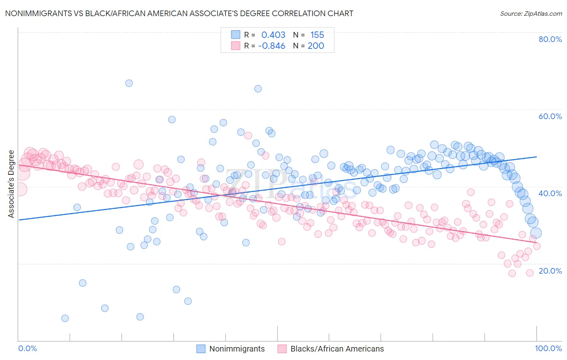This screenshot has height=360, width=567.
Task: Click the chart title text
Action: coord(179,13)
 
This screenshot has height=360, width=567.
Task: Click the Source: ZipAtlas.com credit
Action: coord(531,13)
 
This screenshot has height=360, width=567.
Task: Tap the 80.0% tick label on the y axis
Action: coord(550,39)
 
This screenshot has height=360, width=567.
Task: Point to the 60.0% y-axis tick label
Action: coord(550,116)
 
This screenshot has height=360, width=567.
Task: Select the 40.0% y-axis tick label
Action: coord(550,193)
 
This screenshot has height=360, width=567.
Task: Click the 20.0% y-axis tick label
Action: coord(550,271)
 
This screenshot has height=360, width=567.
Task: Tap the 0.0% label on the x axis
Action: coord(28,348)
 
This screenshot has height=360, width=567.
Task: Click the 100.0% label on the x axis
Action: coord(548,348)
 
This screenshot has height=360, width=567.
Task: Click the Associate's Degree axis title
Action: coord(11,184)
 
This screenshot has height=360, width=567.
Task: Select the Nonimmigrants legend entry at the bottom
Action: coord(237,349)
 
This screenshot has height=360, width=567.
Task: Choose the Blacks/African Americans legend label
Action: coord(337,349)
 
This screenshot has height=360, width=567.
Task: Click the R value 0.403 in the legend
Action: coord(273,35)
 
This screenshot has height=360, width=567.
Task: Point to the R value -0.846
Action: coord(272,46)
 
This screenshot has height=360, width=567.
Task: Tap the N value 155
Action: coord(317,35)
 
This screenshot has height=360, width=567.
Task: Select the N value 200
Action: coord(316,46)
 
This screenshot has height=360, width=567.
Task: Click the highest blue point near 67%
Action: coord(129,83)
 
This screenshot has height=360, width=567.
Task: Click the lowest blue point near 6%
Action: coord(65,318)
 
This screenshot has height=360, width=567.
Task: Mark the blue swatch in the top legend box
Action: coord(236,35)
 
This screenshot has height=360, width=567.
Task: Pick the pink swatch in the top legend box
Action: coord(236,46)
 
